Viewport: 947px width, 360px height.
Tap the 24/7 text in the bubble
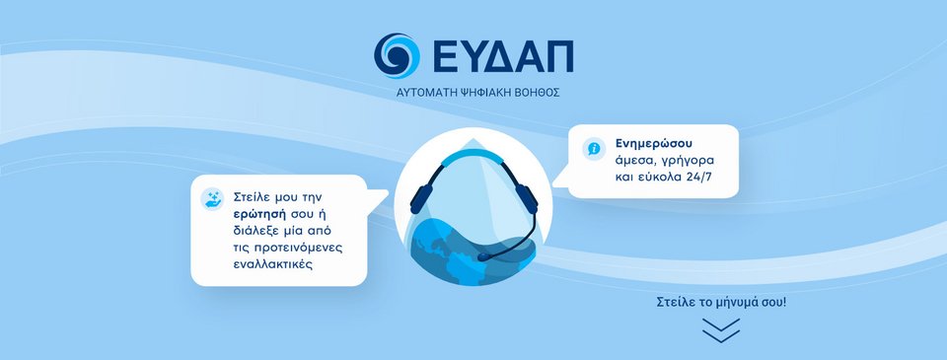click(702, 177)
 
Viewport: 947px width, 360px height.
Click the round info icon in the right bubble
click(594, 148)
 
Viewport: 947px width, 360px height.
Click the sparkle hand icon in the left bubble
click(212, 198)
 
